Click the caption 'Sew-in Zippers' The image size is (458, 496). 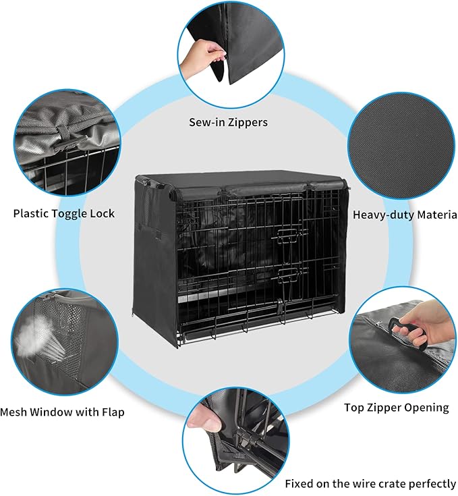pyautogui.click(x=228, y=122)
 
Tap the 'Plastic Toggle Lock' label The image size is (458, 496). pyautogui.click(x=64, y=213)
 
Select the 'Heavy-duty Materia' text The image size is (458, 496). pyautogui.click(x=405, y=215)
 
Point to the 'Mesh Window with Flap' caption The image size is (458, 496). pyautogui.click(x=62, y=411)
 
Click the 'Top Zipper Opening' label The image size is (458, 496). pyautogui.click(x=396, y=407)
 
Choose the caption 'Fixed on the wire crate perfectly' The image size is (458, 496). pyautogui.click(x=370, y=483)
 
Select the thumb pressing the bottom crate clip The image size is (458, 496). pyautogui.click(x=208, y=422)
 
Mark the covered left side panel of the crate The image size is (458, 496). pyautogui.click(x=154, y=256)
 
